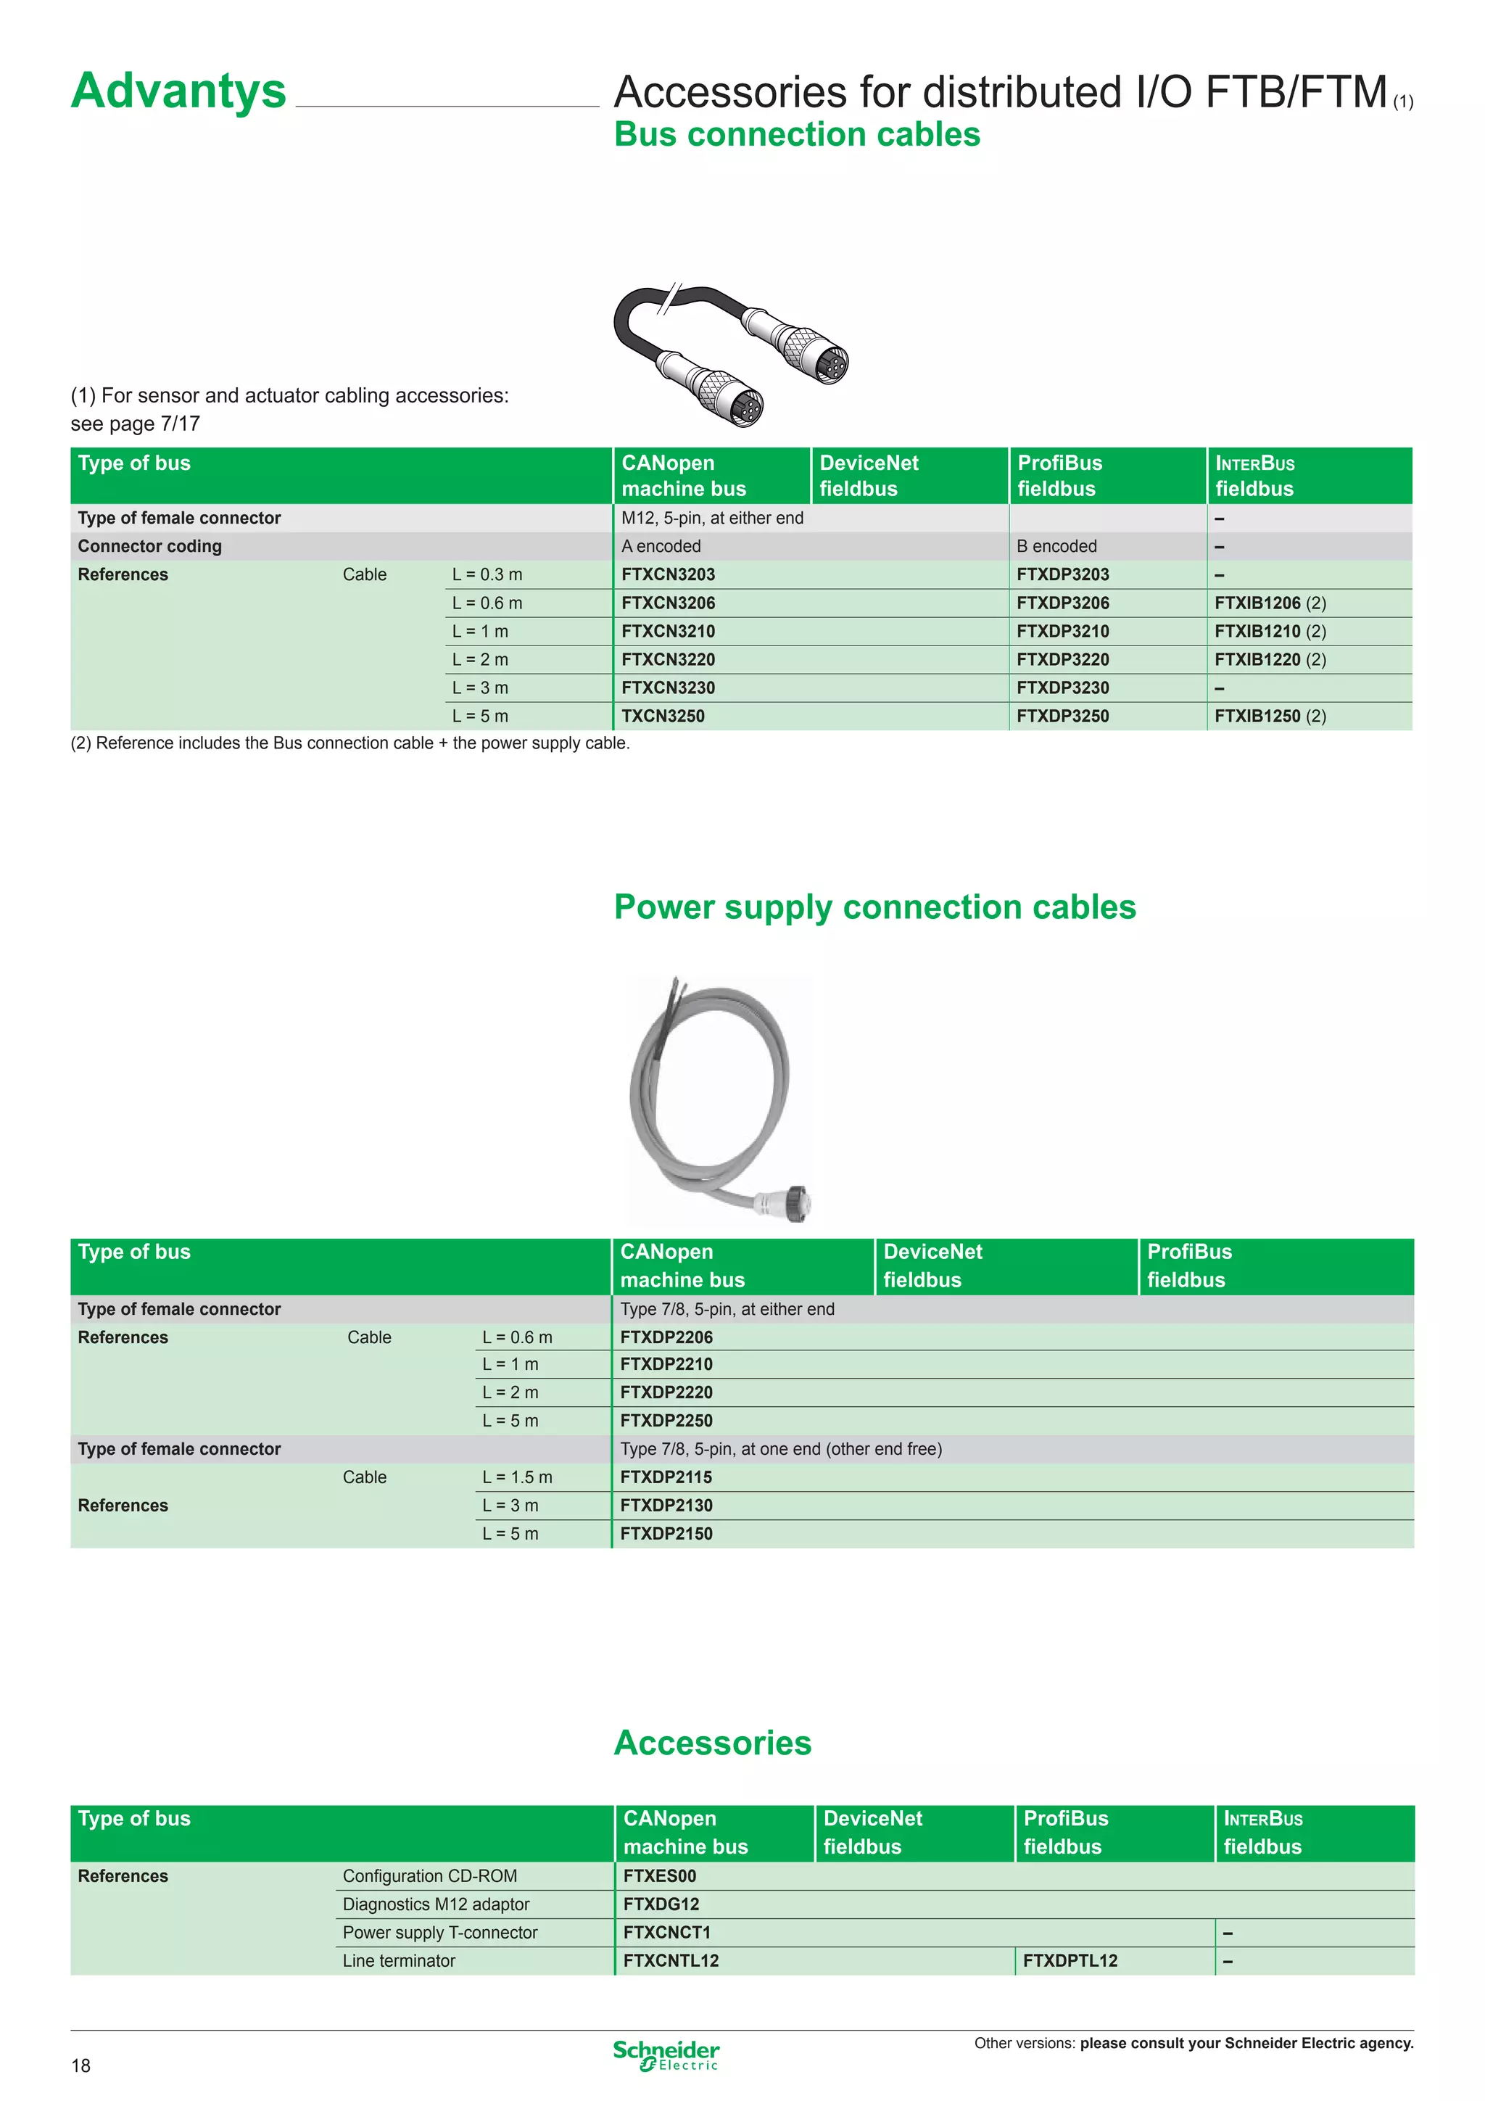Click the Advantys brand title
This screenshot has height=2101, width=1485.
click(x=178, y=91)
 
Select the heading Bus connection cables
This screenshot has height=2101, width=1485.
click(x=797, y=134)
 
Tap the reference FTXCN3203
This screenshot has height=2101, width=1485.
click(x=668, y=574)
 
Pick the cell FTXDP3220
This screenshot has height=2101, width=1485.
click(x=1062, y=660)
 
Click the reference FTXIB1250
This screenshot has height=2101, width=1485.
click(x=1257, y=717)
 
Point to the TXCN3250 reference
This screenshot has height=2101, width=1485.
click(x=663, y=717)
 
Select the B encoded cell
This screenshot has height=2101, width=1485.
click(x=1056, y=546)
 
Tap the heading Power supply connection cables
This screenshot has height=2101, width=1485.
click(x=874, y=907)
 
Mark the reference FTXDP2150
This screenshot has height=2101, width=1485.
click(x=666, y=1534)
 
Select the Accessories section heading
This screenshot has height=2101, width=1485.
click(x=713, y=1743)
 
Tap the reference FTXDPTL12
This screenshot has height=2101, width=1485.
click(x=1070, y=1961)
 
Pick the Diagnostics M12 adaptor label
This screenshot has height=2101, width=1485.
click(x=436, y=1904)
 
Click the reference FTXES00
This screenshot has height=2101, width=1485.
click(x=660, y=1876)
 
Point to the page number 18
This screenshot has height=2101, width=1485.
click(x=80, y=2065)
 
